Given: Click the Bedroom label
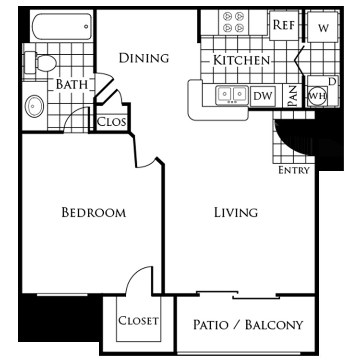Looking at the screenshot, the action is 94,212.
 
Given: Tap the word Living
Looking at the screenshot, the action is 236,212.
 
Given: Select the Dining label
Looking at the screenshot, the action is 144,58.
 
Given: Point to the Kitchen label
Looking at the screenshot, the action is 241,60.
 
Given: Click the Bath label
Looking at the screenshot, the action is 72,84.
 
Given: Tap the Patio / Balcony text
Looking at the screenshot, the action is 248,324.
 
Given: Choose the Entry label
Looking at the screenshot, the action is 294,170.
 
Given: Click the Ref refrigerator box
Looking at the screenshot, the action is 284,25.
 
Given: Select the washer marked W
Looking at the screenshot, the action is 323,27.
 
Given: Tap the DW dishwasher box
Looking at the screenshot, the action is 263,96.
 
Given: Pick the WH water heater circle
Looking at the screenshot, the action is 317,96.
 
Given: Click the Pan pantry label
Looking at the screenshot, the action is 292,96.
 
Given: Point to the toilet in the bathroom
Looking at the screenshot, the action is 40,62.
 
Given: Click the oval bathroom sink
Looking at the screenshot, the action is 35,106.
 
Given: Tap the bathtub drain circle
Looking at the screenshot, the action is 86,26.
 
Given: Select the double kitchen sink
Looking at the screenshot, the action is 232,96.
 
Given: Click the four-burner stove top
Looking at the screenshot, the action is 233,22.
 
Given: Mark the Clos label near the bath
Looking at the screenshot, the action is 111,122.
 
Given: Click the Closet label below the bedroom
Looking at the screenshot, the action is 138,321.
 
